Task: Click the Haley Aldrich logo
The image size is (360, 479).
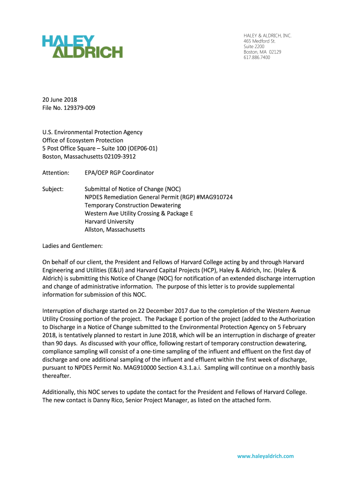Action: [82, 46]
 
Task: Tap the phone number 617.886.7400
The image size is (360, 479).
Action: [257, 58]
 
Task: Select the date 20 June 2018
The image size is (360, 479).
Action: [60, 100]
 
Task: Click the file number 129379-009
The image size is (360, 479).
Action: [80, 108]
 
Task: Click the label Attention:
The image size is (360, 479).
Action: [56, 173]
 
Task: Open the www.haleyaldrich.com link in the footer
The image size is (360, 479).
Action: [266, 456]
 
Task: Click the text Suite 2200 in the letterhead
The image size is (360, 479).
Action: [254, 47]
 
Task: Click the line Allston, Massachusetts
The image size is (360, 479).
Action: [115, 230]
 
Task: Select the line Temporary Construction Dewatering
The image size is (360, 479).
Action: [132, 205]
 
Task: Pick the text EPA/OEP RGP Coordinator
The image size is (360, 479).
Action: [119, 173]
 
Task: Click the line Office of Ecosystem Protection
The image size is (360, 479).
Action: [83, 140]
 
